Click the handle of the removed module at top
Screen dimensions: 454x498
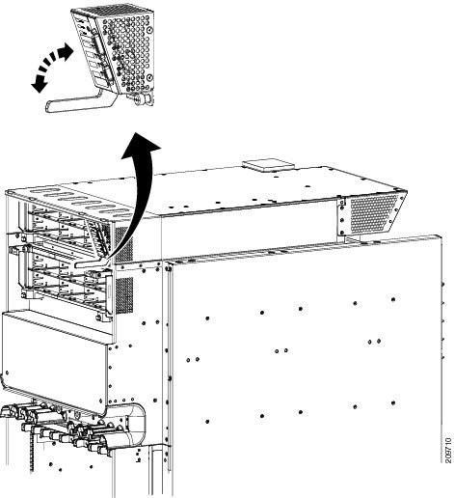click(79, 102)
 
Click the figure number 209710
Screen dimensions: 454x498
click(448, 451)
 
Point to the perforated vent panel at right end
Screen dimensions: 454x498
click(374, 213)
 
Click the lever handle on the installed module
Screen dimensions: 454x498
click(91, 263)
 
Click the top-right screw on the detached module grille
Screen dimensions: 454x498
click(149, 30)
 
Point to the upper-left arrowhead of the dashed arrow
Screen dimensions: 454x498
click(66, 51)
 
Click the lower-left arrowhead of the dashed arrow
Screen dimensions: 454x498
click(39, 85)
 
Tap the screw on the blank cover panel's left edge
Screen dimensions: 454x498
click(7, 373)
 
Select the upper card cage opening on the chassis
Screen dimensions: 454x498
click(61, 225)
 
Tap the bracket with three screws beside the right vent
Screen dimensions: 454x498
click(342, 216)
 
